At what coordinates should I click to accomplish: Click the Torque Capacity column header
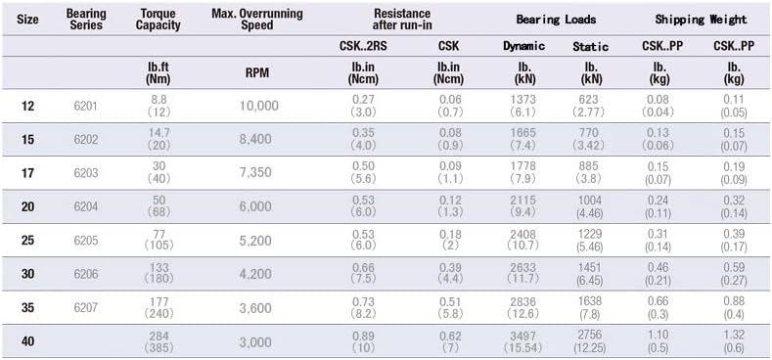point(159,20)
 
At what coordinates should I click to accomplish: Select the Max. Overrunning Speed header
point(257,20)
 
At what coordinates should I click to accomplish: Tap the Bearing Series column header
point(86,20)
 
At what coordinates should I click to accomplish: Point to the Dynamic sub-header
point(523,46)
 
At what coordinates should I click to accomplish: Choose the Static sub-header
point(590,47)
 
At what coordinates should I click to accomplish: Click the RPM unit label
point(257,73)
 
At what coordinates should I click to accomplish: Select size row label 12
point(28,106)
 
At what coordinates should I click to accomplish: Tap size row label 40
point(28,340)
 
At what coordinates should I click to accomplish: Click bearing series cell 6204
point(86,206)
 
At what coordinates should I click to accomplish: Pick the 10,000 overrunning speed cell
point(259,106)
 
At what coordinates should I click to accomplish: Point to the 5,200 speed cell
point(255,241)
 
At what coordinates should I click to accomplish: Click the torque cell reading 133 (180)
point(159,273)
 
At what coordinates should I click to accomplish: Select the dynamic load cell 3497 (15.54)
point(522,341)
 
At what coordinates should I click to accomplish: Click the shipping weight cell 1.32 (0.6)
point(734,341)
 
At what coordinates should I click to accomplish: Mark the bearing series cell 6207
point(86,308)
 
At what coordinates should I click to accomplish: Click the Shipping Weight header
point(701,20)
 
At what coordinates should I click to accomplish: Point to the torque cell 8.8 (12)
point(159,106)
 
